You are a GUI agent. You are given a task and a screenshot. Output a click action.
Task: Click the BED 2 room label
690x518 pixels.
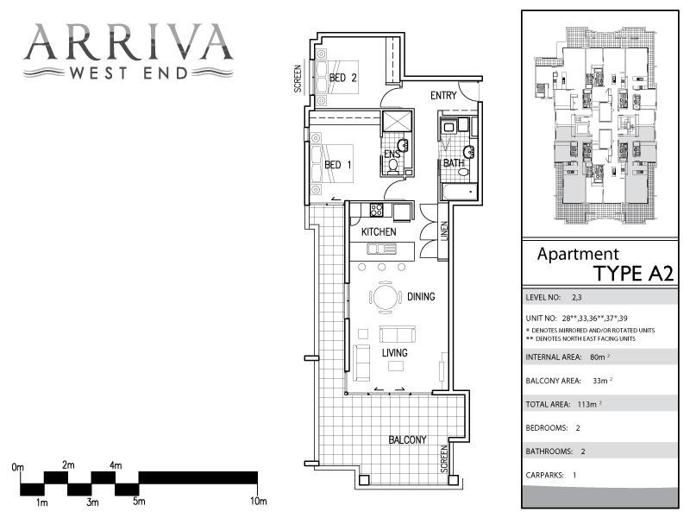click(343, 79)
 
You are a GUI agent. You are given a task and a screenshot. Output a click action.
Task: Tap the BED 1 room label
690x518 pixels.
click(337, 165)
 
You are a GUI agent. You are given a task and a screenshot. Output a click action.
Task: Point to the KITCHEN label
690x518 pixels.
click(379, 232)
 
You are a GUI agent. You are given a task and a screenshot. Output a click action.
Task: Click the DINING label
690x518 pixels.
click(421, 297)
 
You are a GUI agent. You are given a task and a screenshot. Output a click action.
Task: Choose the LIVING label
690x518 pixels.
click(395, 353)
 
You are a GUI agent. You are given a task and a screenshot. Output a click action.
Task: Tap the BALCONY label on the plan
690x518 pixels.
click(407, 439)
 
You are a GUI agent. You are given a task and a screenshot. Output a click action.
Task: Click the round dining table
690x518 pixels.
click(386, 298)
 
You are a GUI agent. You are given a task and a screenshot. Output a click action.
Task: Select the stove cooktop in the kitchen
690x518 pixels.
click(377, 210)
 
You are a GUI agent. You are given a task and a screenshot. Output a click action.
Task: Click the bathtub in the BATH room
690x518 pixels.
click(456, 190)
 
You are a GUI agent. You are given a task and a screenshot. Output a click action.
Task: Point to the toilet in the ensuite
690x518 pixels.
click(393, 164)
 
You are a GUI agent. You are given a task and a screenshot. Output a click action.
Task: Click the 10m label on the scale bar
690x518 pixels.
click(258, 502)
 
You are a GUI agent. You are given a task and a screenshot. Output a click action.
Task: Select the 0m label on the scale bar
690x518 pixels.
click(18, 467)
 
